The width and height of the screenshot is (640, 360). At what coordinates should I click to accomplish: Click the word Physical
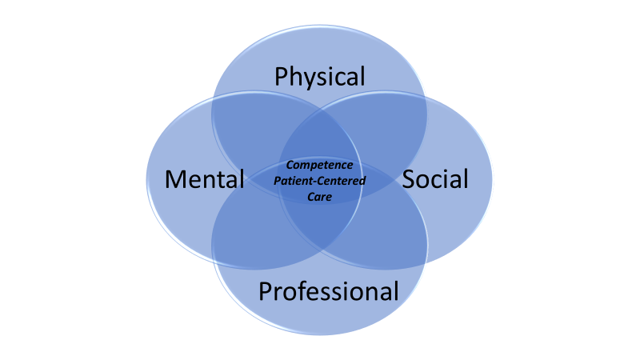pyautogui.click(x=320, y=77)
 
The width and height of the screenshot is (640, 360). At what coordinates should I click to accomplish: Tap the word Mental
pyautogui.click(x=205, y=179)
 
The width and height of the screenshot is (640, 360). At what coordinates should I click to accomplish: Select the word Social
pyautogui.click(x=435, y=179)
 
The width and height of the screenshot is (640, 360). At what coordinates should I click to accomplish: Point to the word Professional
pyautogui.click(x=328, y=291)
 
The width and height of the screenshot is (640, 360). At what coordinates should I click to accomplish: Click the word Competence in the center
pyautogui.click(x=320, y=166)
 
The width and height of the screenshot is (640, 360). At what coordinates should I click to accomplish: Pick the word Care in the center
pyautogui.click(x=320, y=194)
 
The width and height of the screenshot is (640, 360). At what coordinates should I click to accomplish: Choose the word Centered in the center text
pyautogui.click(x=341, y=180)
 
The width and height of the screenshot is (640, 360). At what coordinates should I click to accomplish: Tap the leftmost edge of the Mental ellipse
pyautogui.click(x=146, y=179)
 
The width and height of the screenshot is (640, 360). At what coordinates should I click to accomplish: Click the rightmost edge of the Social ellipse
pyautogui.click(x=493, y=179)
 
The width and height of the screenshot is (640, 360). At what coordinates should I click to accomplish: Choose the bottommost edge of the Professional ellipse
pyautogui.click(x=320, y=334)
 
